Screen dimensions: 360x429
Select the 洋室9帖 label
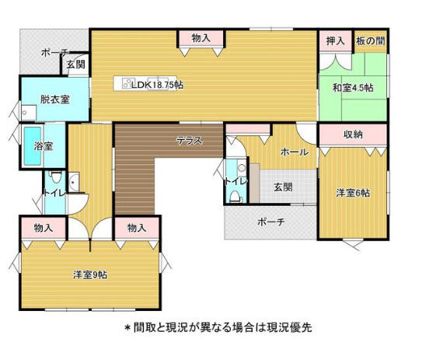click(90, 274)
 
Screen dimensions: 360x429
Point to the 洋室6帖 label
click(353, 193)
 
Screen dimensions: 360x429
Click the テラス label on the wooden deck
click(189, 141)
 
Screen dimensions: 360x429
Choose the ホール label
click(294, 152)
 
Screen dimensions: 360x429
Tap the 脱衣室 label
click(55, 100)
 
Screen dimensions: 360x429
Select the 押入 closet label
click(336, 40)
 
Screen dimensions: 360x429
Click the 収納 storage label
click(352, 135)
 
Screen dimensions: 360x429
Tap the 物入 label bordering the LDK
click(201, 37)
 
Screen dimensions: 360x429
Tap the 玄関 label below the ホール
click(283, 187)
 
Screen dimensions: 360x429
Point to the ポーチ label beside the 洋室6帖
click(270, 222)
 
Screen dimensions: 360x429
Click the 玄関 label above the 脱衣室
click(75, 65)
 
